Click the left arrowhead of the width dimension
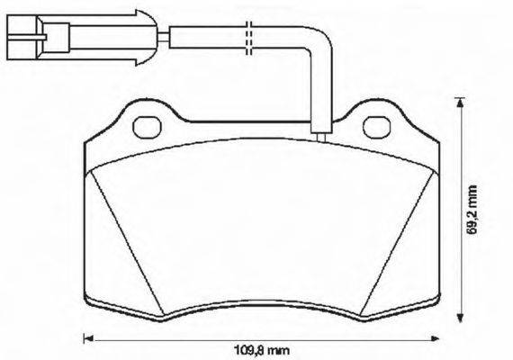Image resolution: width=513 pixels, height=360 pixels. coord(88,339)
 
